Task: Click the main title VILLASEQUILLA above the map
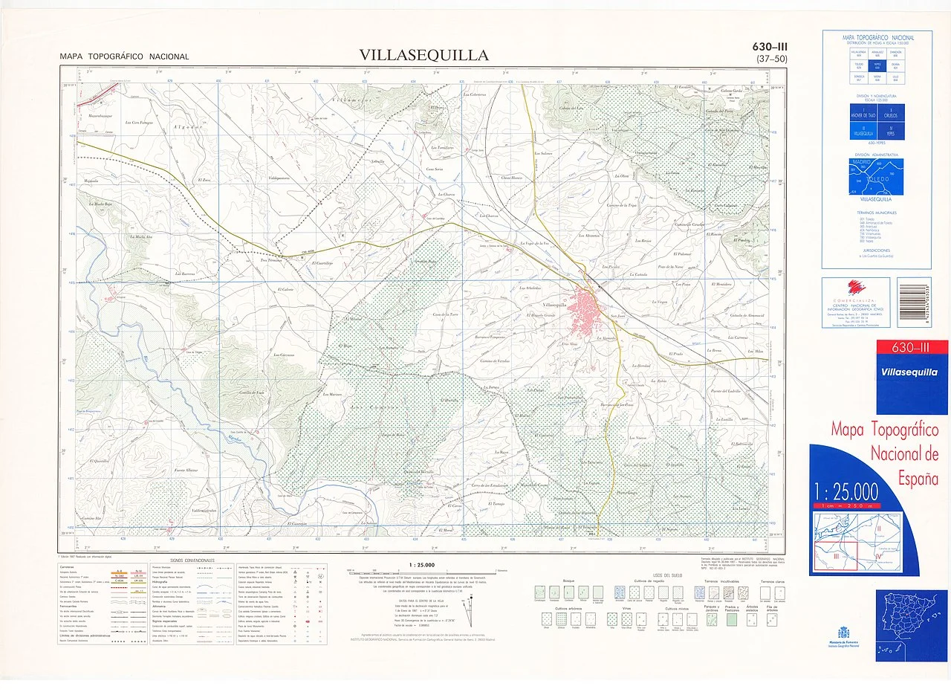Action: coord(423,55)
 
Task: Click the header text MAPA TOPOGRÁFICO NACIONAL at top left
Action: coord(125,56)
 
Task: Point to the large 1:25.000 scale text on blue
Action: coord(846,491)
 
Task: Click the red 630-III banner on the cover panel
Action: coord(912,348)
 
